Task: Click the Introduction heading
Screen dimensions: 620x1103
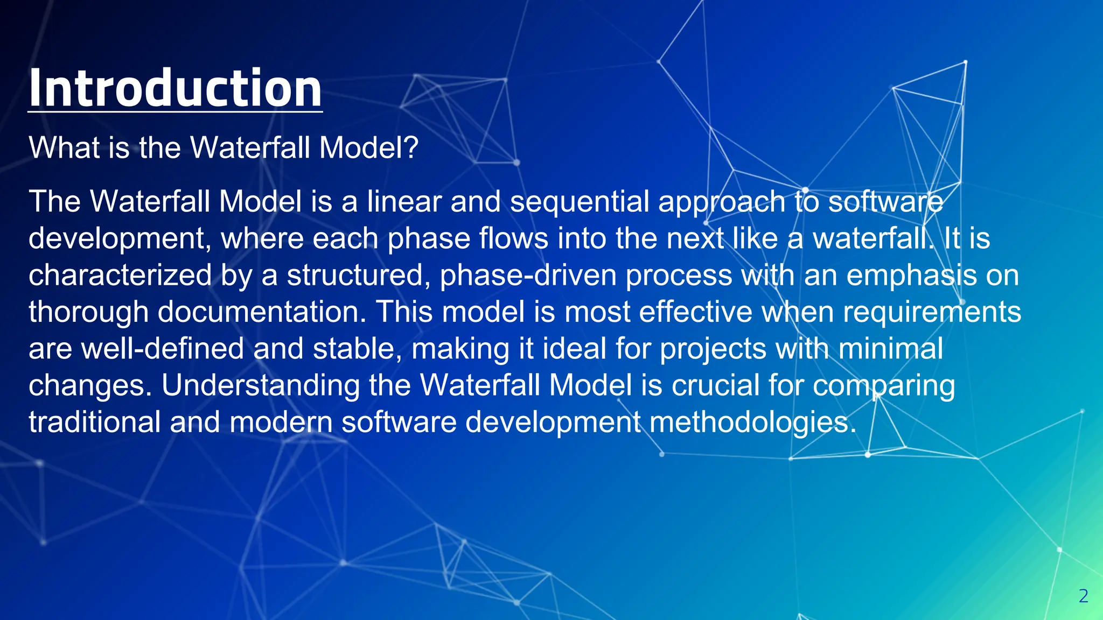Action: (x=175, y=88)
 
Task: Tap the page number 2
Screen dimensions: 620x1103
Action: (x=1084, y=596)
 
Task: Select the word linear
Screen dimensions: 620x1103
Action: (x=404, y=202)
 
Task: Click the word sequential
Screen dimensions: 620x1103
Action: (x=580, y=202)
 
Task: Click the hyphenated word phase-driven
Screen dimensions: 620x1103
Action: (x=528, y=275)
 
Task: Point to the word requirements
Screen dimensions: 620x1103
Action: (x=932, y=312)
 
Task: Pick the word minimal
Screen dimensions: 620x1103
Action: (x=891, y=349)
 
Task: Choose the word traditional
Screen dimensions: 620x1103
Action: (x=95, y=422)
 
